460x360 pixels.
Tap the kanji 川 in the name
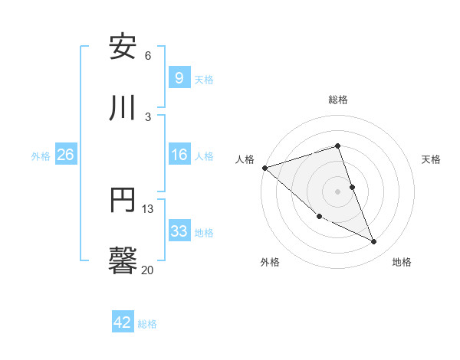pos(123,108)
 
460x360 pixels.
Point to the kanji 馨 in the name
pos(123,261)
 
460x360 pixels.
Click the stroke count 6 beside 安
pos(148,55)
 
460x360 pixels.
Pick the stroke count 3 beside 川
pos(148,116)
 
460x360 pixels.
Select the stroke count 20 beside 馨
pos(148,270)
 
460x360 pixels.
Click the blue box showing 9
pos(179,77)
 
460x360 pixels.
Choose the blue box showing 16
pos(179,155)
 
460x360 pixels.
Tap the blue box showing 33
pos(179,231)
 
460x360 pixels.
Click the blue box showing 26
pos(65,155)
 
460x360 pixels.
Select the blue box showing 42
pos(123,322)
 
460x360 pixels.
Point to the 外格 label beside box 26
pos(41,155)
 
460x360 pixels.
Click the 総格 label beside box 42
pos(147,324)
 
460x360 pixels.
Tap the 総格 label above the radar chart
pos(337,100)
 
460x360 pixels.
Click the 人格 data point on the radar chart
pos(264,168)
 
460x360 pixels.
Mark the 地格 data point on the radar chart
pos(374,242)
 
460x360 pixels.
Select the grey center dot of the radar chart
pos(337,191)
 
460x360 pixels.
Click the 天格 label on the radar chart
pos(431,159)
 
